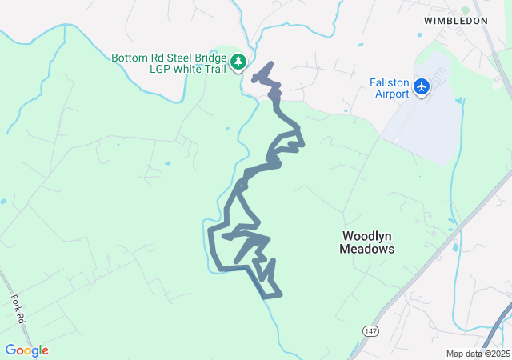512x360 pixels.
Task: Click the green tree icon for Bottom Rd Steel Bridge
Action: (238, 62)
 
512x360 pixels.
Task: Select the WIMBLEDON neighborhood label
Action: (455, 21)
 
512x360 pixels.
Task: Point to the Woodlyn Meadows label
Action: (368, 242)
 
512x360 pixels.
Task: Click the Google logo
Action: (26, 350)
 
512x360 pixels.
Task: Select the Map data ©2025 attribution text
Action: (477, 354)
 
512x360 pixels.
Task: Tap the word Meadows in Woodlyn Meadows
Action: (368, 249)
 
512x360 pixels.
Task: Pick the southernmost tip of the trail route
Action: (266, 297)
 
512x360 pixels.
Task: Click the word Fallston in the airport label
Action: (389, 82)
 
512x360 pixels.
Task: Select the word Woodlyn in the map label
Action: (368, 236)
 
